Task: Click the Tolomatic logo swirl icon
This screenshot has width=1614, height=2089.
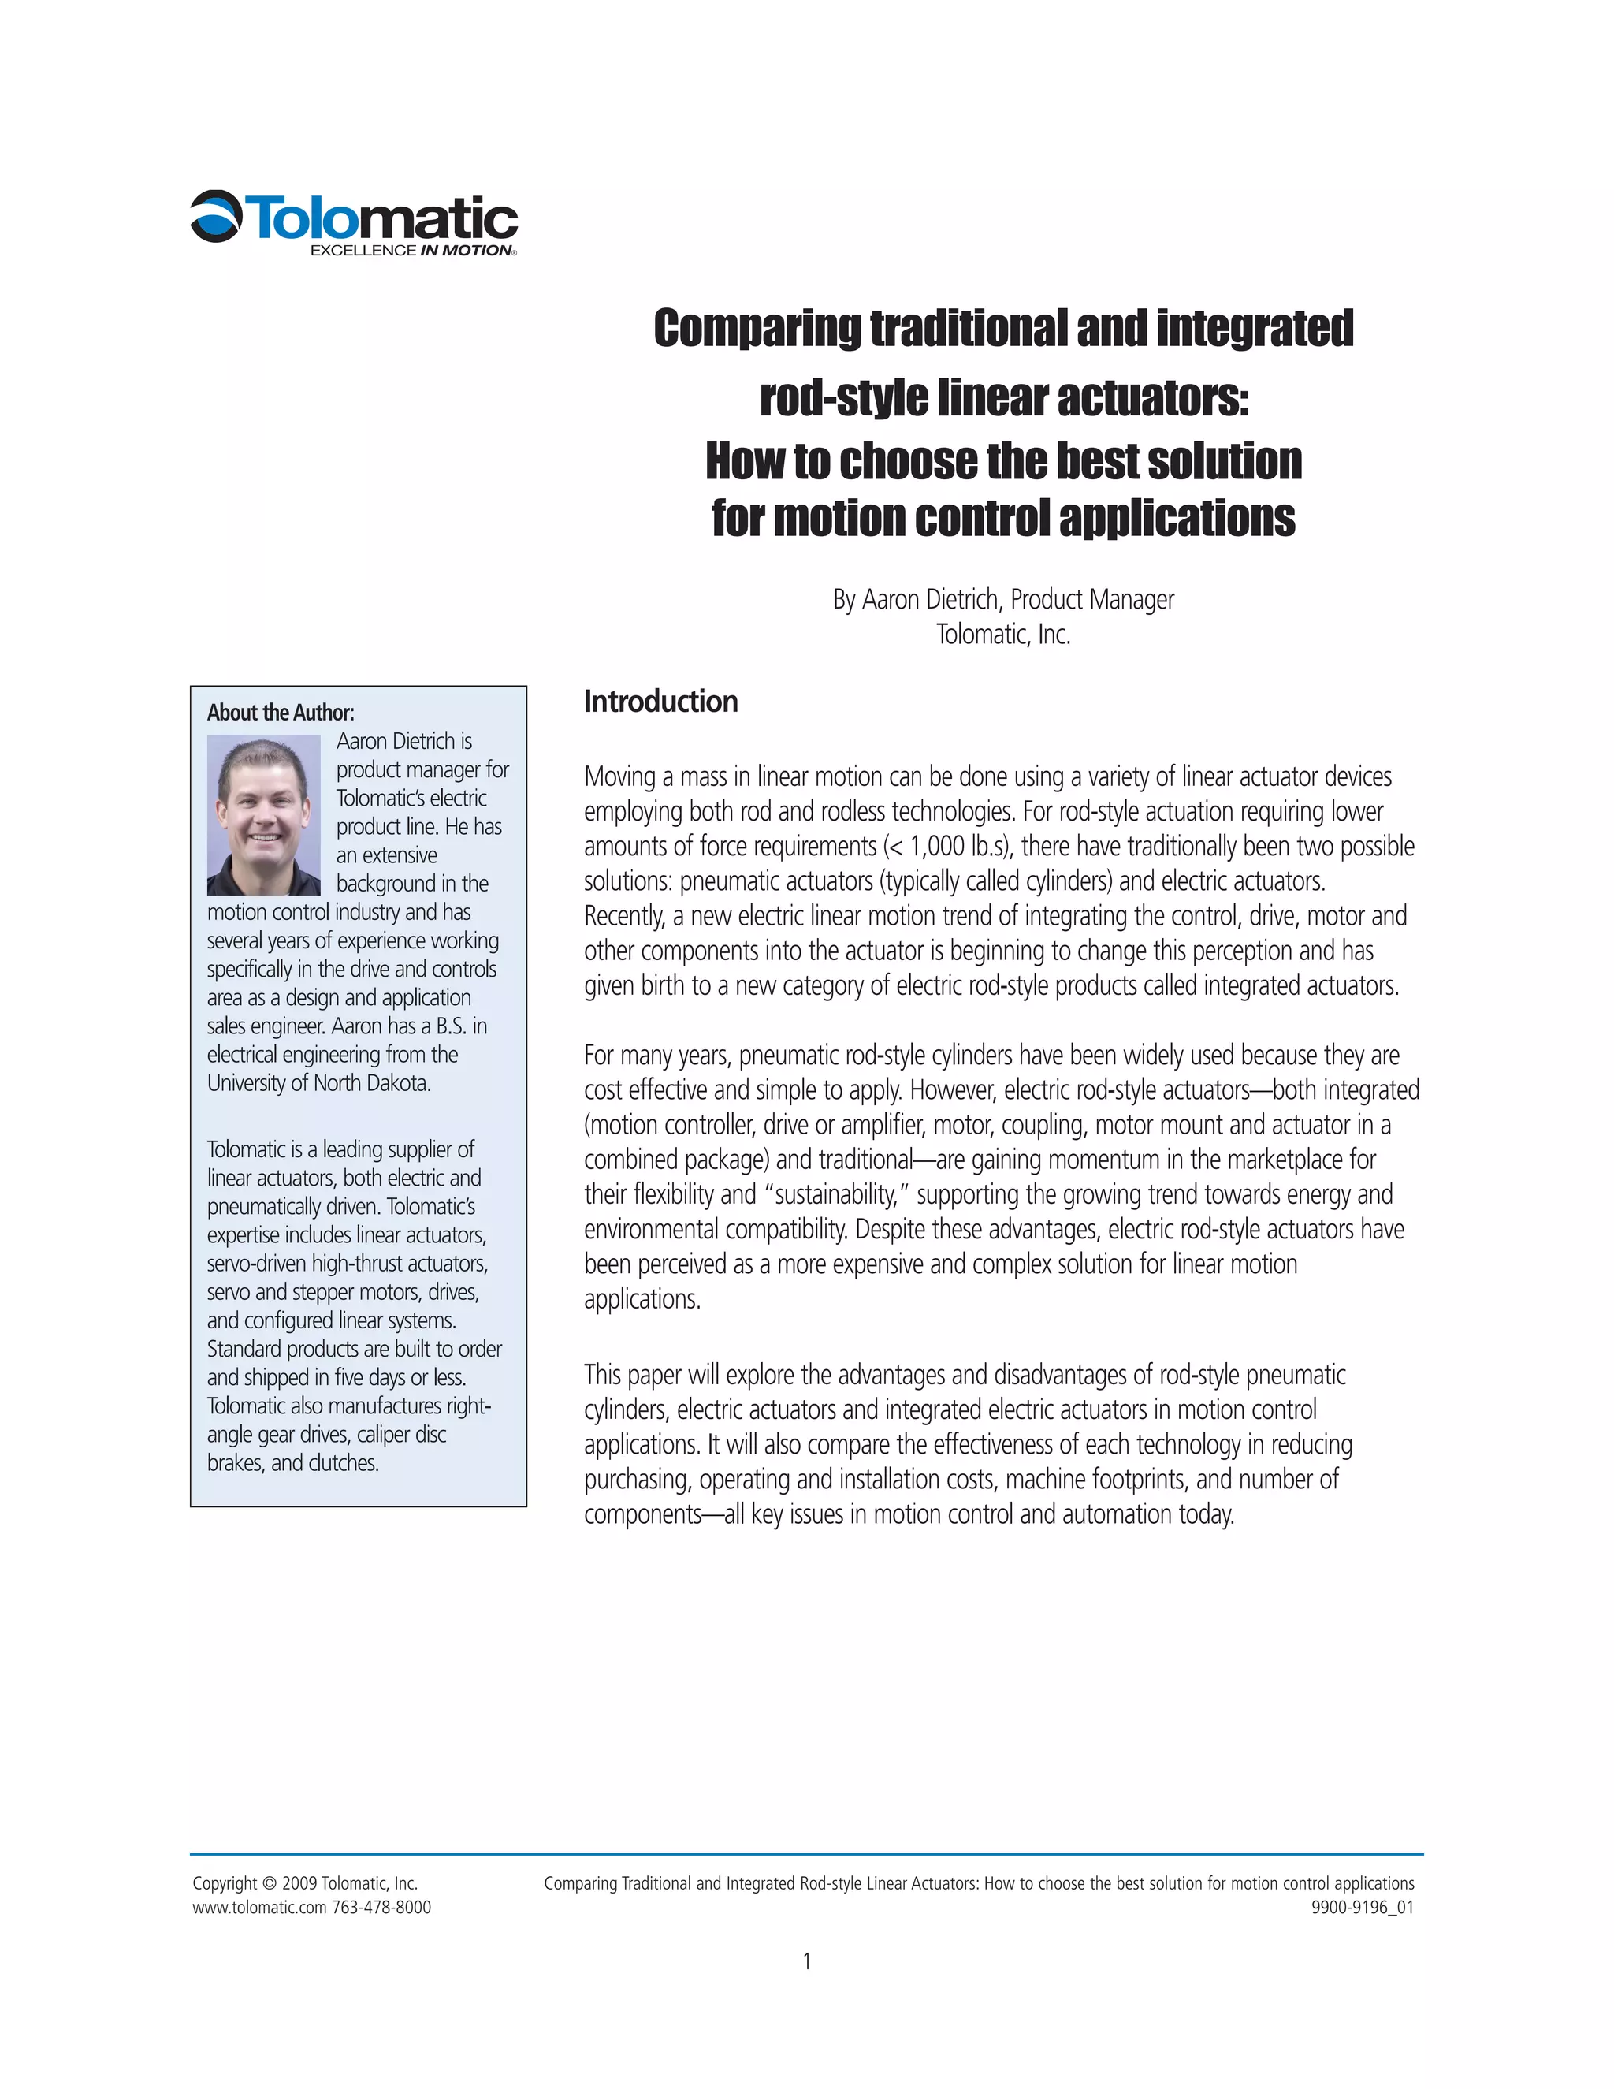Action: (x=216, y=216)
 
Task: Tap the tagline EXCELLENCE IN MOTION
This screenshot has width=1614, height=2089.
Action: (x=412, y=251)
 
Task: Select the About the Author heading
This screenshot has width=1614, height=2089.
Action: (x=280, y=713)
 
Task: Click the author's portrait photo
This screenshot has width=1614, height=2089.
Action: (x=264, y=814)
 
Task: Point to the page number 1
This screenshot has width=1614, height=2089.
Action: (x=807, y=1961)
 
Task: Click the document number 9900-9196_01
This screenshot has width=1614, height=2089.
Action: (x=1363, y=1907)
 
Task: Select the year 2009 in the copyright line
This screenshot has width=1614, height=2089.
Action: (x=299, y=1883)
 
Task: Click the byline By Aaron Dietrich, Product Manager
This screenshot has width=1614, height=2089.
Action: (x=1003, y=600)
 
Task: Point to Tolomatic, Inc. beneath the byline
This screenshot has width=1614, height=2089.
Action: (x=1003, y=634)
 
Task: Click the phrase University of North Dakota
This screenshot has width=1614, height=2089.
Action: (x=318, y=1083)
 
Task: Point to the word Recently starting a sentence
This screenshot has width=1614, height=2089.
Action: (x=624, y=916)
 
